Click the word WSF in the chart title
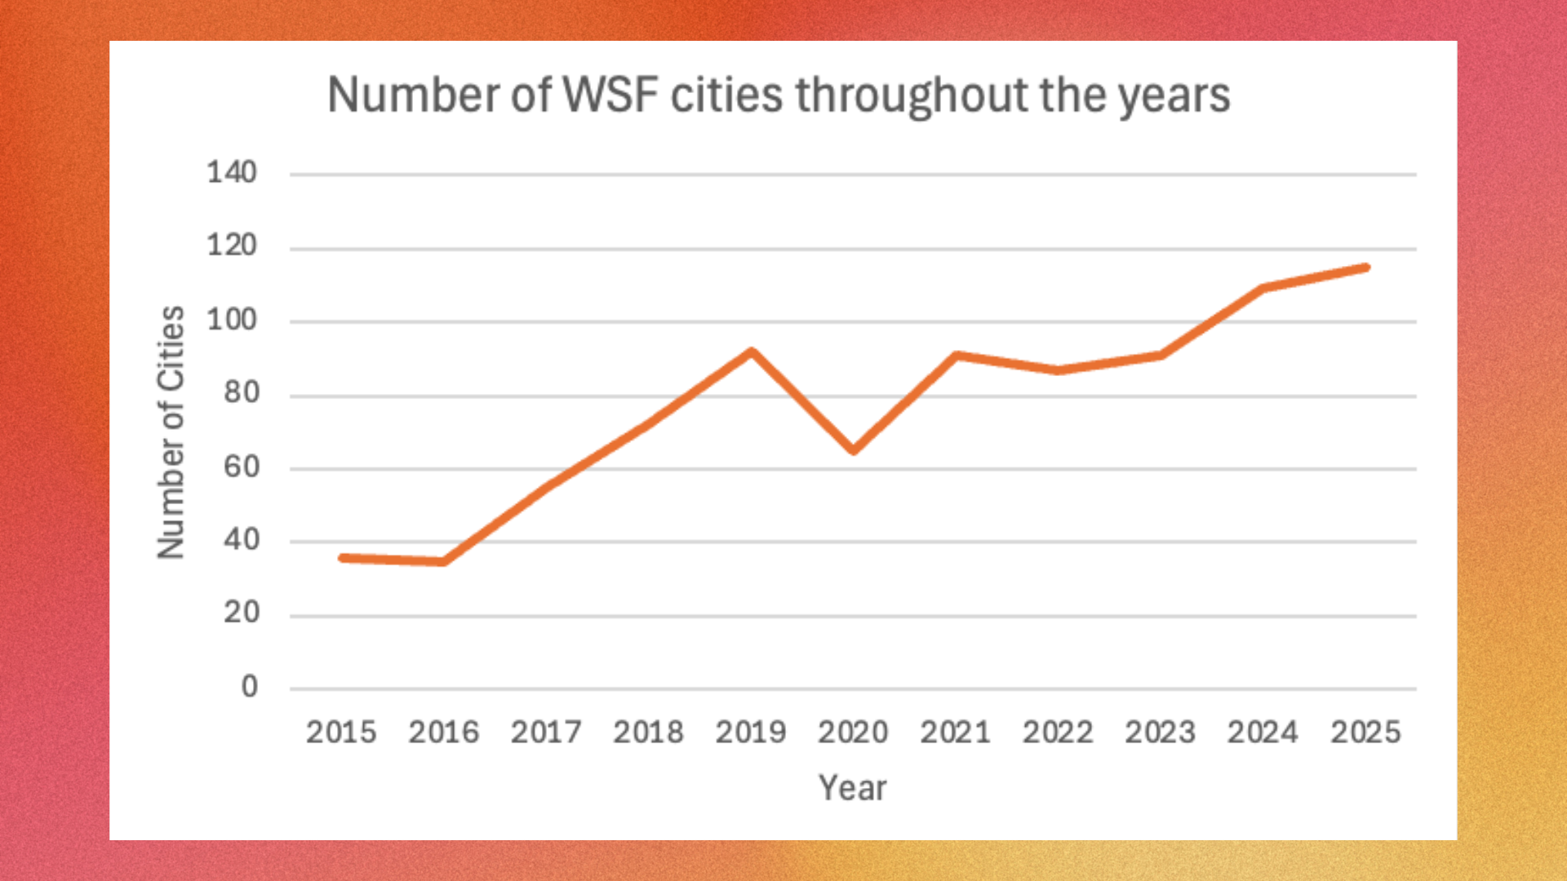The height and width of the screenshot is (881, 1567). [610, 95]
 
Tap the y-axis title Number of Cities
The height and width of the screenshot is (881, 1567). [171, 432]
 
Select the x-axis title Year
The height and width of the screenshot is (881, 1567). [852, 788]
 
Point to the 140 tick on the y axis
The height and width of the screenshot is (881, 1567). [231, 172]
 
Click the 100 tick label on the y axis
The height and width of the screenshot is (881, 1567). [231, 319]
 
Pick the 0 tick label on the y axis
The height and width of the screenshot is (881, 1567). [249, 687]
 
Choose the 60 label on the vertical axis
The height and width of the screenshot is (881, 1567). [241, 467]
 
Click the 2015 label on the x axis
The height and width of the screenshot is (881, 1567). [341, 733]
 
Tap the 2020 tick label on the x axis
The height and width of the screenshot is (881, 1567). [853, 733]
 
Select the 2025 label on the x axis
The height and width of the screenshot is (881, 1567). [1365, 733]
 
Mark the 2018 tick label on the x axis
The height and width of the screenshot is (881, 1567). [648, 733]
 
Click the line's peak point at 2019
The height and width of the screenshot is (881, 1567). [751, 352]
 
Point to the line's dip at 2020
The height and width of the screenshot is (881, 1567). [853, 449]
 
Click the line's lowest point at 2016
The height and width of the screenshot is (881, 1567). [443, 561]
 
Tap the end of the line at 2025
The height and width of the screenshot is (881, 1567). [1365, 268]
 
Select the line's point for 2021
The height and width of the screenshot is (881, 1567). [956, 356]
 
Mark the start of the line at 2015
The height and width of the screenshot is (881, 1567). [342, 558]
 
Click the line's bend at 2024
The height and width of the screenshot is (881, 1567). [1263, 288]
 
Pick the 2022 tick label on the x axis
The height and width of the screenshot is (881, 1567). [1058, 733]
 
